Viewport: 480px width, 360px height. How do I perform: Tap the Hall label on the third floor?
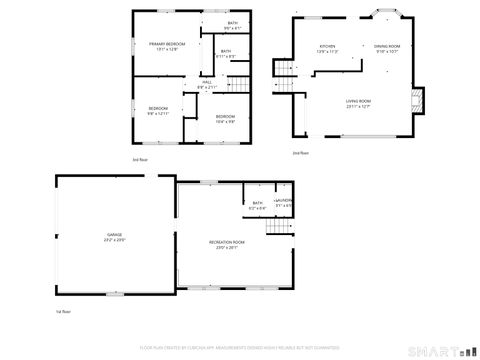point(206,84)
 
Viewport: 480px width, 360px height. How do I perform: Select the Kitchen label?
point(327,47)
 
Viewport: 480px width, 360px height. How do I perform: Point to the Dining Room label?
point(387,47)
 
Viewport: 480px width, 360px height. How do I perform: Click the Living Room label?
point(358,101)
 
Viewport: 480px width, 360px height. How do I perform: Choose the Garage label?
point(115,236)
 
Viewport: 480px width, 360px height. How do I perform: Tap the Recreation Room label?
point(227,243)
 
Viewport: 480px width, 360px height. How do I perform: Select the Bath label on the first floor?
point(257,203)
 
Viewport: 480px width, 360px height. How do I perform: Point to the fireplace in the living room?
point(418,99)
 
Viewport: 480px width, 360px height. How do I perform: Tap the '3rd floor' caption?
point(140,158)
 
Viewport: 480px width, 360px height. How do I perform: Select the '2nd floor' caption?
point(300,153)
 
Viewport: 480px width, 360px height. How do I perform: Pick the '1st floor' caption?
point(63,312)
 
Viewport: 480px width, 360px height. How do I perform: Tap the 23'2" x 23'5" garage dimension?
point(115,241)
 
